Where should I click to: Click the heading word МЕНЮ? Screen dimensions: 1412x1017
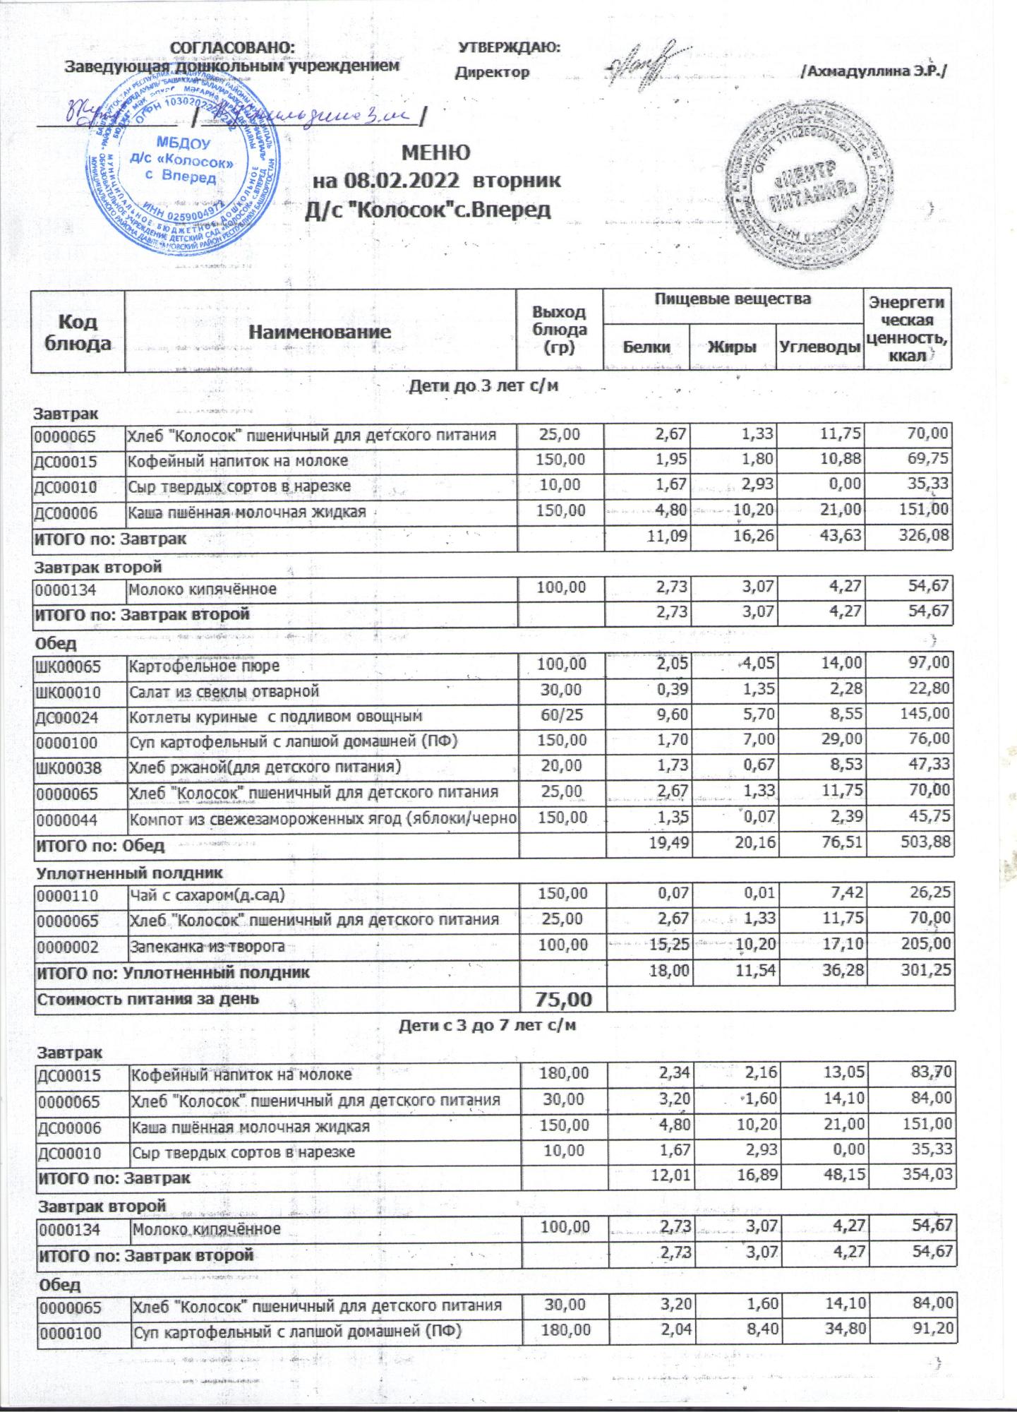coord(435,152)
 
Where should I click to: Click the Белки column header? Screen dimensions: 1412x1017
coord(646,347)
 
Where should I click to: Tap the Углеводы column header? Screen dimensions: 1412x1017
coord(820,347)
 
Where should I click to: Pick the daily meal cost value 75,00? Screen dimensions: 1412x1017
coord(562,1000)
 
